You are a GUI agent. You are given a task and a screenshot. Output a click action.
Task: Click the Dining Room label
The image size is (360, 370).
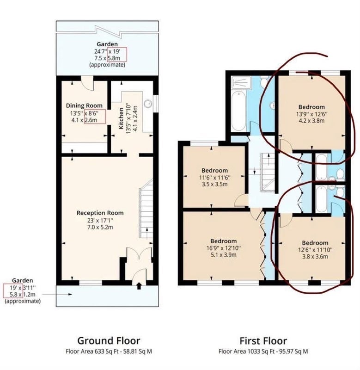[x=84, y=105]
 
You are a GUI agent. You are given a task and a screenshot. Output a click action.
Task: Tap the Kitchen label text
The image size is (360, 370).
[x=121, y=118]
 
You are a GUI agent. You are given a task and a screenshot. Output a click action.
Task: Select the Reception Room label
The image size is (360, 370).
[x=100, y=213]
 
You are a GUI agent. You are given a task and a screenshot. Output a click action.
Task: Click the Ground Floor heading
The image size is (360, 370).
[x=109, y=341]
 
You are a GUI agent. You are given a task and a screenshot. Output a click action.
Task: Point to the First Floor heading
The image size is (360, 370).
[x=263, y=341]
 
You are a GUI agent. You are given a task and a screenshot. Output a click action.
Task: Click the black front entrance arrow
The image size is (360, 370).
[x=139, y=286]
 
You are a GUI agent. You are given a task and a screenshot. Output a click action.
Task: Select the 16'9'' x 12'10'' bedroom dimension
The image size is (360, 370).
[x=223, y=248]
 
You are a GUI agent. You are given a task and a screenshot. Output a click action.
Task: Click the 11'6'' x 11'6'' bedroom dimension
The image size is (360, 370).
[x=214, y=177]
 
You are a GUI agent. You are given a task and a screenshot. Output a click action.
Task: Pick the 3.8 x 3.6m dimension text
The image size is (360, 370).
[x=315, y=257]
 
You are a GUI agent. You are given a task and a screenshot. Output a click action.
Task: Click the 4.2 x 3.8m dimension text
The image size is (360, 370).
[x=311, y=121]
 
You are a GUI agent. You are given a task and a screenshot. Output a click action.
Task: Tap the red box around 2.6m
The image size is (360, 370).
[x=95, y=117]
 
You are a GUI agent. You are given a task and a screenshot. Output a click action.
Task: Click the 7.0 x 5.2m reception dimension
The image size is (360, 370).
[x=100, y=227]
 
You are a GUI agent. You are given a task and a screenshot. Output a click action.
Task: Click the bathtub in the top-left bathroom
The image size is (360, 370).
[x=238, y=111]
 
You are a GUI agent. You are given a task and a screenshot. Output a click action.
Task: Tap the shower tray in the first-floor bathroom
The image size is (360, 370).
[x=241, y=82]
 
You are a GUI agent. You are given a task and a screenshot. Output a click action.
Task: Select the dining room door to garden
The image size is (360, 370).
[x=87, y=83]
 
